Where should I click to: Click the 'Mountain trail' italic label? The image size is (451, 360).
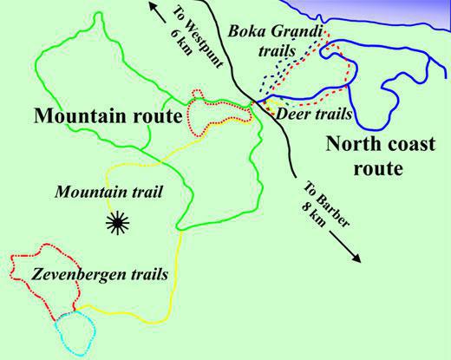(98, 191)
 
